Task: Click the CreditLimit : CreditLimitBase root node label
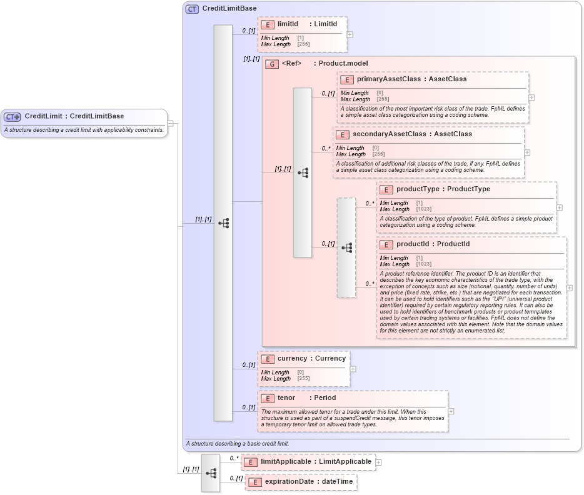(74, 116)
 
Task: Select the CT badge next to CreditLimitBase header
(192, 9)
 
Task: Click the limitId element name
(288, 24)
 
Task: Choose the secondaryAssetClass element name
(389, 134)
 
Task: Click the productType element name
(418, 189)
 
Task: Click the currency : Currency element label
(311, 359)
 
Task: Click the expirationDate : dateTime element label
(308, 482)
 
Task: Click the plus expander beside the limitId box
(350, 34)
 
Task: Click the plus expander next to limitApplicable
(378, 462)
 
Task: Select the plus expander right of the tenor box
(451, 411)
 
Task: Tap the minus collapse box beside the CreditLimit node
(171, 124)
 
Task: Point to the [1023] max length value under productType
(423, 209)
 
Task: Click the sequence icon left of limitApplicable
(211, 473)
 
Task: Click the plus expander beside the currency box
(353, 369)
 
